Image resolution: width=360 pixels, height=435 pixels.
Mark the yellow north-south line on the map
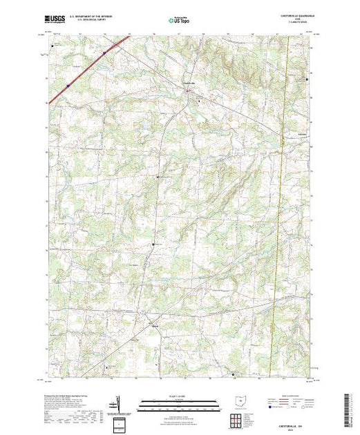pos(281,173)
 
